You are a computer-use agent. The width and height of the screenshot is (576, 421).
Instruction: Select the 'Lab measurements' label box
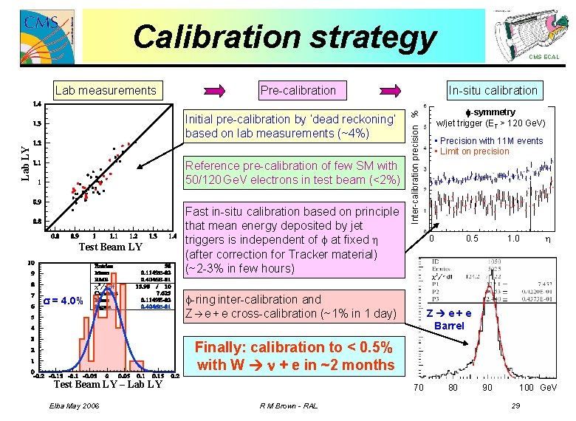pyautogui.click(x=106, y=91)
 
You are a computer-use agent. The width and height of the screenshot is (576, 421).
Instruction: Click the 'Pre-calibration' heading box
pyautogui.click(x=298, y=91)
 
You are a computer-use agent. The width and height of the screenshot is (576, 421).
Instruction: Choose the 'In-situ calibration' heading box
pyautogui.click(x=493, y=91)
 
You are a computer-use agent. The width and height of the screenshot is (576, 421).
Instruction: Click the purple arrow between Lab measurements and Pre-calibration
pyautogui.click(x=220, y=91)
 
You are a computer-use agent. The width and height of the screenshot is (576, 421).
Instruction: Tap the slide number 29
pyautogui.click(x=516, y=405)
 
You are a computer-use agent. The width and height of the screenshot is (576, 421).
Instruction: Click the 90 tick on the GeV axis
pyautogui.click(x=487, y=388)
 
